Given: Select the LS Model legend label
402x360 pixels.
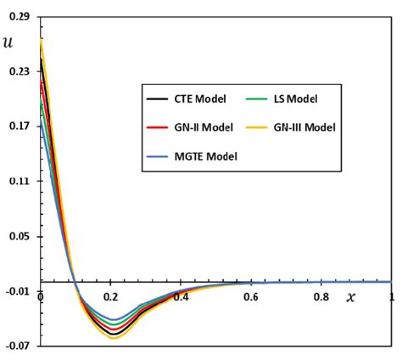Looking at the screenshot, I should click(294, 99).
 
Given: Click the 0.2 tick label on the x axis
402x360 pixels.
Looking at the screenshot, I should click(111, 297).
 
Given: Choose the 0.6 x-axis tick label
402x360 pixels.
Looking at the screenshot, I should click(251, 297).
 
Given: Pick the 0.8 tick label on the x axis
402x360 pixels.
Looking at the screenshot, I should click(321, 297).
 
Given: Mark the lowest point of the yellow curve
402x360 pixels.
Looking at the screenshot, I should click(113, 338).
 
